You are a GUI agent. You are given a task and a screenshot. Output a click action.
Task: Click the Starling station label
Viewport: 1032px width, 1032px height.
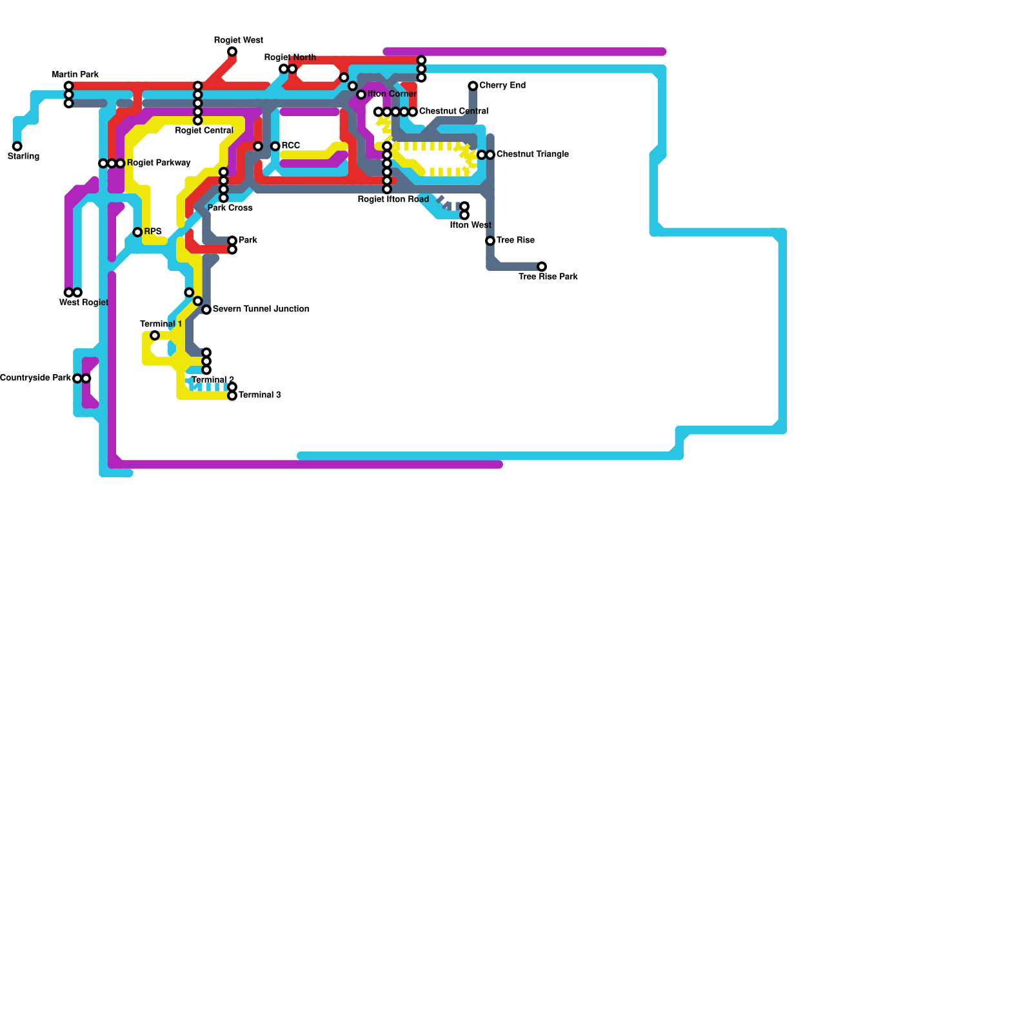(x=24, y=157)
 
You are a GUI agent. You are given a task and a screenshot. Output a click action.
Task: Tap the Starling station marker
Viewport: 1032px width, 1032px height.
(x=17, y=146)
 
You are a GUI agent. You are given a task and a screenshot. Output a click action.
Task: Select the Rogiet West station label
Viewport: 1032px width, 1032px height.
(x=239, y=41)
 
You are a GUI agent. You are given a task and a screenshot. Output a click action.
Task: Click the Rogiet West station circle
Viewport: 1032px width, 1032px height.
(x=232, y=52)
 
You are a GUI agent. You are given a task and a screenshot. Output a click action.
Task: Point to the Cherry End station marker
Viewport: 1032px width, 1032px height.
(x=473, y=86)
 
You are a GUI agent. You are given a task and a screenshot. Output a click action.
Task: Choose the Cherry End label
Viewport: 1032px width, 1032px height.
(x=502, y=86)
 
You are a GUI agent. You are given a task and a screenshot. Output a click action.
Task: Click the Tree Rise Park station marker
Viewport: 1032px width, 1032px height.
(x=542, y=266)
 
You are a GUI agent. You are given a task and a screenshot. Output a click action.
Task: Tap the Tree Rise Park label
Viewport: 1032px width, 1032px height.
(x=548, y=277)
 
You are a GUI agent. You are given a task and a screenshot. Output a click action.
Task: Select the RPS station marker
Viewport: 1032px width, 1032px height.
(x=137, y=232)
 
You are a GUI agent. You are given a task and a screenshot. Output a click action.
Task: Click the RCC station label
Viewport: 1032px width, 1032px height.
(x=291, y=146)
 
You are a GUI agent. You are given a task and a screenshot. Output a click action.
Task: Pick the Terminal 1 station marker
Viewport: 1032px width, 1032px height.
(x=155, y=335)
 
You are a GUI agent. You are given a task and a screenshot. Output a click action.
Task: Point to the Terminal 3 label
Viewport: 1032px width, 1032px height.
(x=260, y=395)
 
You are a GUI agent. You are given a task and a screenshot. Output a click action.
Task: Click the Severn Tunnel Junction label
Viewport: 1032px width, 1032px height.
(x=261, y=310)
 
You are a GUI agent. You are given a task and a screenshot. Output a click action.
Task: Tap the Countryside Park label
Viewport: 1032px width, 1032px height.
(x=35, y=378)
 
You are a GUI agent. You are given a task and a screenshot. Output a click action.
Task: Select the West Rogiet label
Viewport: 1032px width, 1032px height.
(x=84, y=303)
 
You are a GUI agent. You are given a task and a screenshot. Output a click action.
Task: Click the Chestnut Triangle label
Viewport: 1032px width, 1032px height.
(x=533, y=155)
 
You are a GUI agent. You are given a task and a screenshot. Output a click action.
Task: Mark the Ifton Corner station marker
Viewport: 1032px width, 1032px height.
(x=361, y=95)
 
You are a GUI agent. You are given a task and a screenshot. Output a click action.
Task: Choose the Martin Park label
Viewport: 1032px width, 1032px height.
(x=75, y=75)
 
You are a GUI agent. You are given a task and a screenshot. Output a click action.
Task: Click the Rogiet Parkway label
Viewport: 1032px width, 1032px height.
(x=159, y=163)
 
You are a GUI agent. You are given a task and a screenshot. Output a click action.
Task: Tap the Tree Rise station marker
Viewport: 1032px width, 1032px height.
(x=490, y=241)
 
